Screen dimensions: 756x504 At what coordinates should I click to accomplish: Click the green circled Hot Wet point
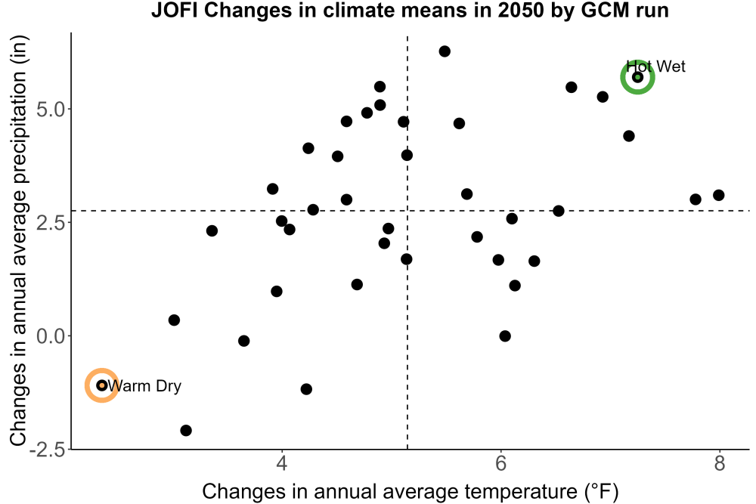point(637,77)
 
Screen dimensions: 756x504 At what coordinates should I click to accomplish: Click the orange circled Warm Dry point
point(102,385)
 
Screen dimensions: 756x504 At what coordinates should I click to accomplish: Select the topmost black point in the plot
point(445,51)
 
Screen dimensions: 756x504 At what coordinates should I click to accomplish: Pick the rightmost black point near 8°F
point(718,195)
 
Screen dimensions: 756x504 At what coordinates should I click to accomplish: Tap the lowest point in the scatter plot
point(186,430)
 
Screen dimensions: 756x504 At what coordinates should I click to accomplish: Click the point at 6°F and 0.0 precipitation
point(505,335)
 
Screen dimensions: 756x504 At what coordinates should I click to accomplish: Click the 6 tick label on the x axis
point(500,463)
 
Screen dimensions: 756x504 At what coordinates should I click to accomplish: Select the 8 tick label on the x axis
point(720,463)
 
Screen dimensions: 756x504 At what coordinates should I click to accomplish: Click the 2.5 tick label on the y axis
point(50,223)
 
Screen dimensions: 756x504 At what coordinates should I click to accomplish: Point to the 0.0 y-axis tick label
point(50,335)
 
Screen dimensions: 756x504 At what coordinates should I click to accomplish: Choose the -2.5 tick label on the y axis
point(47,450)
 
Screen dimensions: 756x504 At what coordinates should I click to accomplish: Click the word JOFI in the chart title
point(175,10)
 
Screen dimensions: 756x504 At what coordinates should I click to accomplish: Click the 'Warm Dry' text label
point(144,386)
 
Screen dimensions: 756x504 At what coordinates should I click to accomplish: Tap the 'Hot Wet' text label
point(655,66)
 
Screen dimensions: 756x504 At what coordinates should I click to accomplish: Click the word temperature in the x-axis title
point(521,492)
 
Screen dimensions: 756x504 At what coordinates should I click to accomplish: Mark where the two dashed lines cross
point(407,211)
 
